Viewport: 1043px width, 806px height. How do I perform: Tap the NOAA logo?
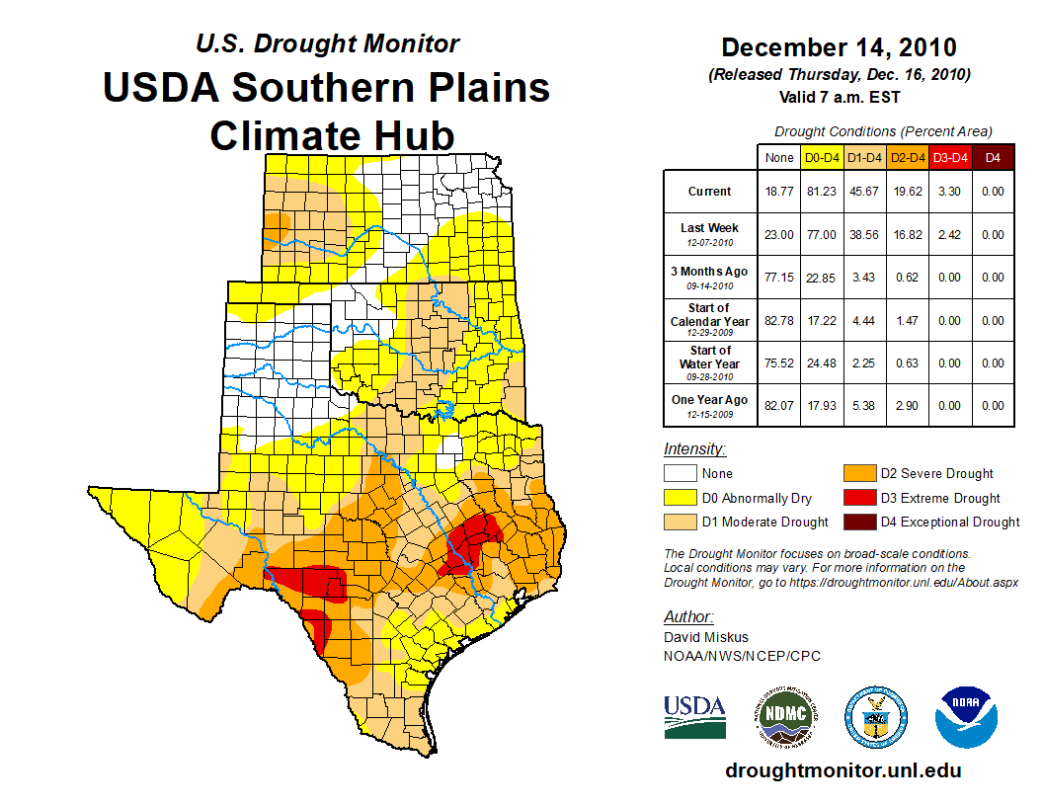click(967, 716)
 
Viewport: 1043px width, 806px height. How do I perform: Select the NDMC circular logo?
click(782, 716)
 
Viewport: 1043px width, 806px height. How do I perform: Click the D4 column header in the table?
click(994, 157)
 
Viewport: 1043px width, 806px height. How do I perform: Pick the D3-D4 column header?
click(950, 157)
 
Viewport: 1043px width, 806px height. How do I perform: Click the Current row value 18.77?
click(778, 192)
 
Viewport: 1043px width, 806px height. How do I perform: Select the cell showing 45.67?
click(864, 192)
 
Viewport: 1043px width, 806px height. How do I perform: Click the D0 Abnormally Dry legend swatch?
click(681, 498)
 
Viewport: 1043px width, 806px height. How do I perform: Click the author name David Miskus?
click(706, 637)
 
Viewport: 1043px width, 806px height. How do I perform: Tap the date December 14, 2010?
click(839, 47)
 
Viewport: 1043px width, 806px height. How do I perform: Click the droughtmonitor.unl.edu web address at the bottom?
click(842, 770)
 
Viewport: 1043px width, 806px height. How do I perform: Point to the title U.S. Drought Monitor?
click(327, 44)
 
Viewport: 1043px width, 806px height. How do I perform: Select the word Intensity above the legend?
click(694, 449)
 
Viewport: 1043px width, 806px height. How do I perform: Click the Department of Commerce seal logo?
click(874, 716)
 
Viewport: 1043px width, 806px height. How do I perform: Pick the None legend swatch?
click(681, 474)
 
